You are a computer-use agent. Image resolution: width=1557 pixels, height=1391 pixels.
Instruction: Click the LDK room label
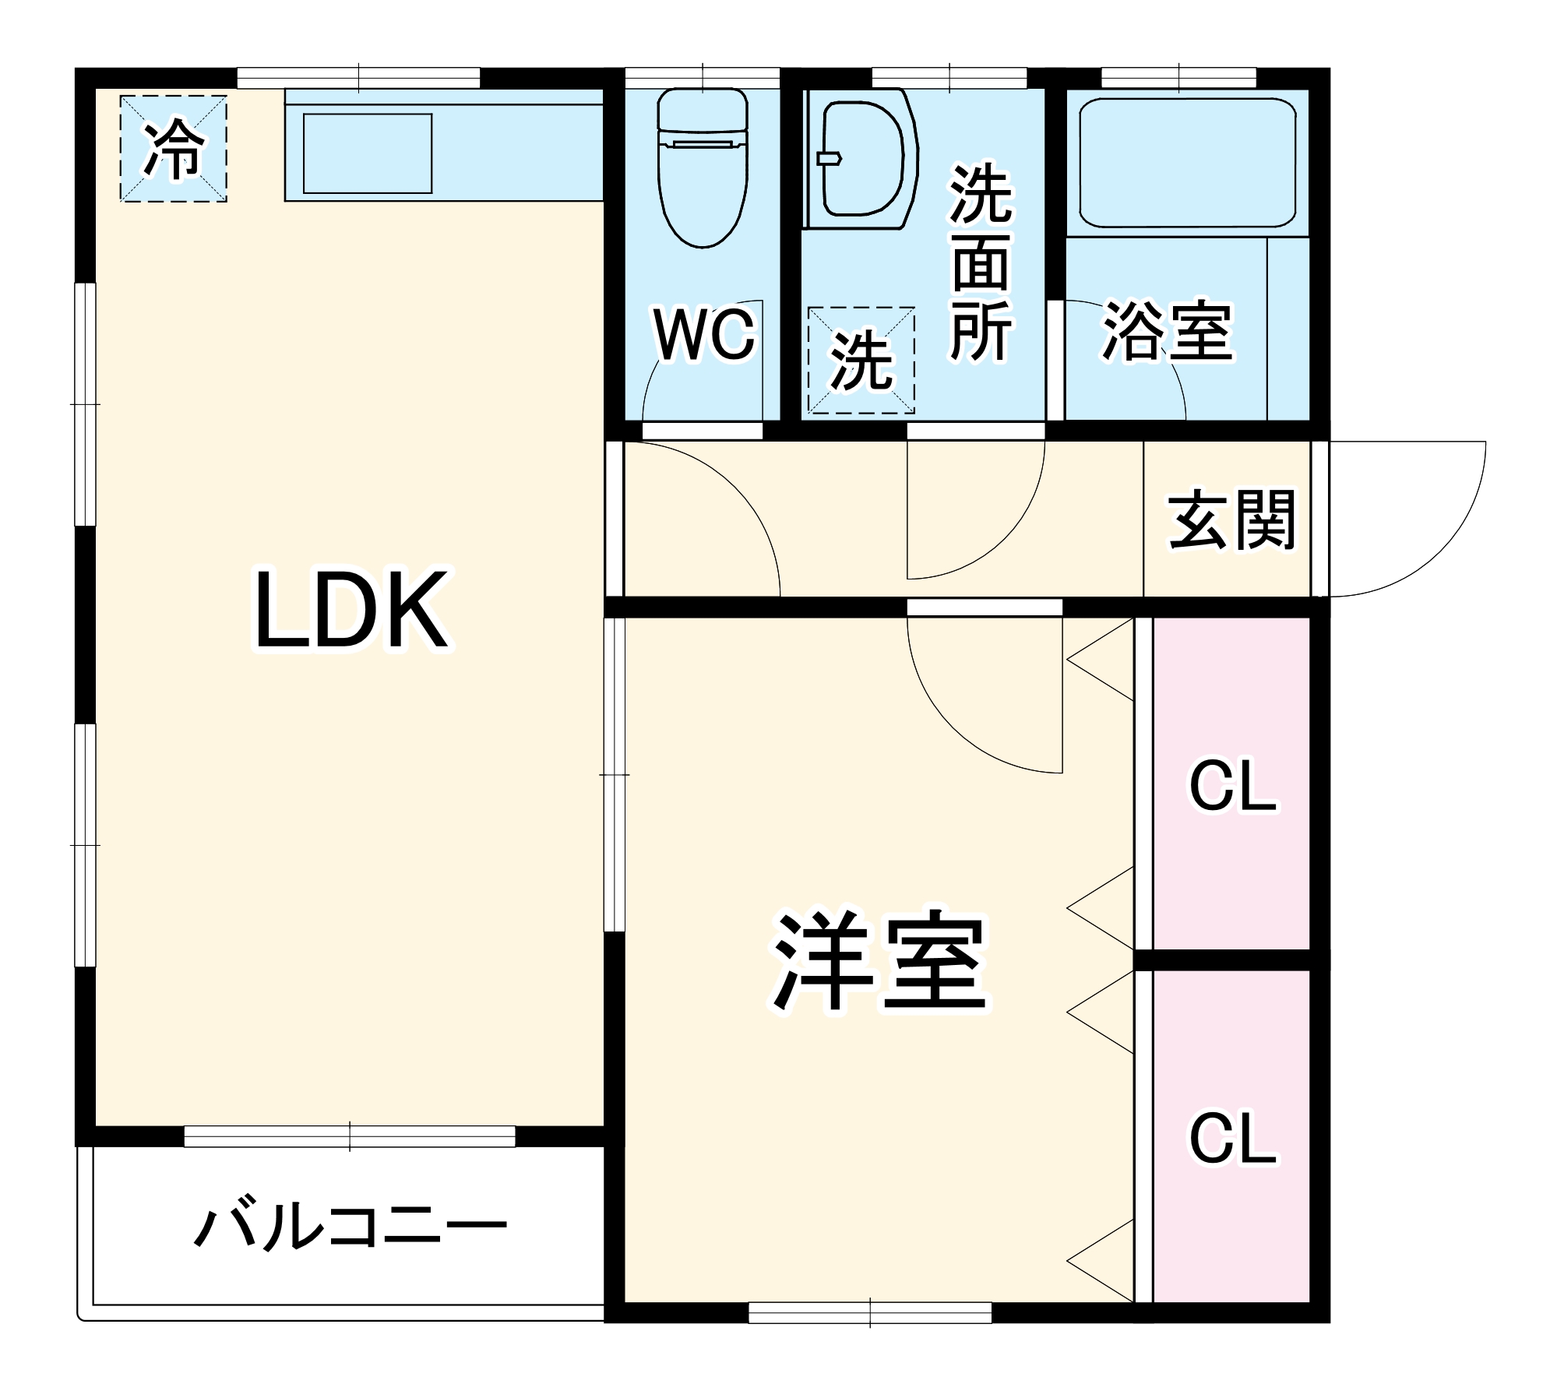352,610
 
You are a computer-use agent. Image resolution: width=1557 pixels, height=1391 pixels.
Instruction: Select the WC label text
704,335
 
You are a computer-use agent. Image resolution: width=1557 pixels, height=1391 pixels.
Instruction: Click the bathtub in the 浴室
1187,163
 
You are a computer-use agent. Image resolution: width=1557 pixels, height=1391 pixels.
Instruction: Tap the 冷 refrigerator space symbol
174,149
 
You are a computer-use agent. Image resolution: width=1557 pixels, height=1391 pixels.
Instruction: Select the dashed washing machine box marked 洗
861,360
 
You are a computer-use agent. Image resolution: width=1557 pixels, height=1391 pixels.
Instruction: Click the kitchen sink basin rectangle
367,153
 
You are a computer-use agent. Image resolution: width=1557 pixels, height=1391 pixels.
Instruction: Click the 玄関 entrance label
1231,520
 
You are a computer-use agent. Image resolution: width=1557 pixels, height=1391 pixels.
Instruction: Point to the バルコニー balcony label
351,1227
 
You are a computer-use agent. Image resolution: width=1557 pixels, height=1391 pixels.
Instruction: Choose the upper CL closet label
1232,787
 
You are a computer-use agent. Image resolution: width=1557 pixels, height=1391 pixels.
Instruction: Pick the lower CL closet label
1232,1139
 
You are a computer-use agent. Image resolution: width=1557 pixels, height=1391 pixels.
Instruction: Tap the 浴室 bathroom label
1168,331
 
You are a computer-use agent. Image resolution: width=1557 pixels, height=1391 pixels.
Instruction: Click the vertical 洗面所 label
981,262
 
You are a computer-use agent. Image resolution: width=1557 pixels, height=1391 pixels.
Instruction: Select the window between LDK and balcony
350,1136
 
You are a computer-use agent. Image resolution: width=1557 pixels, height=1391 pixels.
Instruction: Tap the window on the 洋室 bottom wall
870,1312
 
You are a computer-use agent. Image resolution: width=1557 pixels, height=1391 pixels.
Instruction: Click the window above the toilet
703,78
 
